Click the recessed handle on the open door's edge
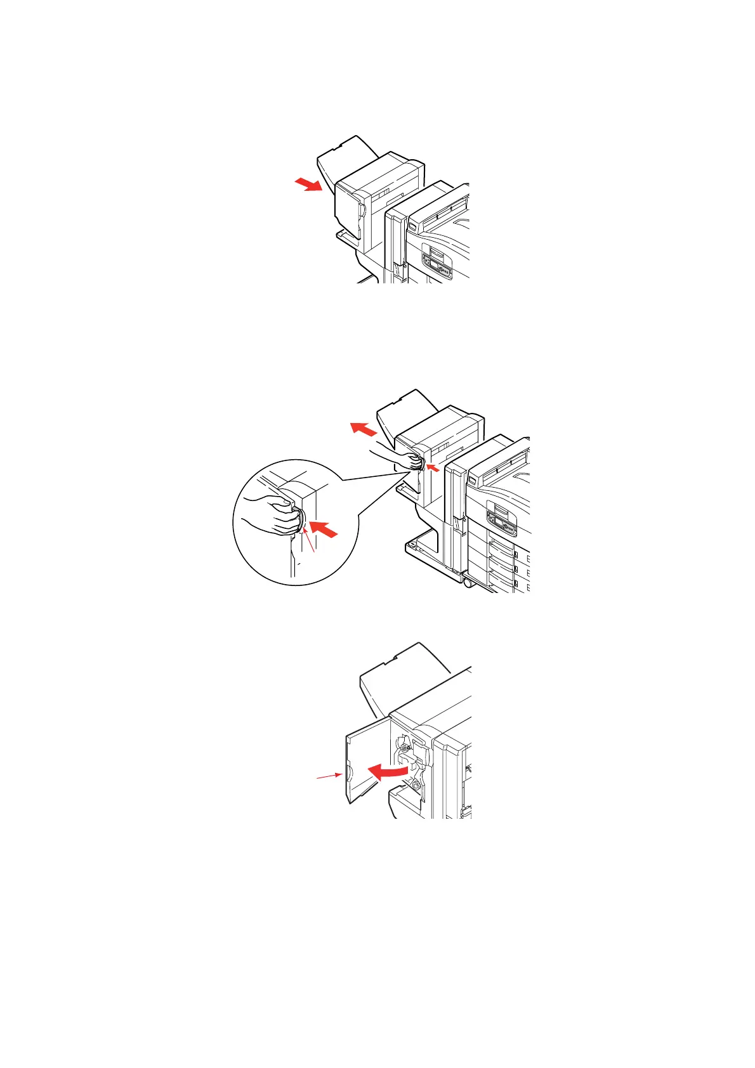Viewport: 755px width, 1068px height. (x=346, y=774)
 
